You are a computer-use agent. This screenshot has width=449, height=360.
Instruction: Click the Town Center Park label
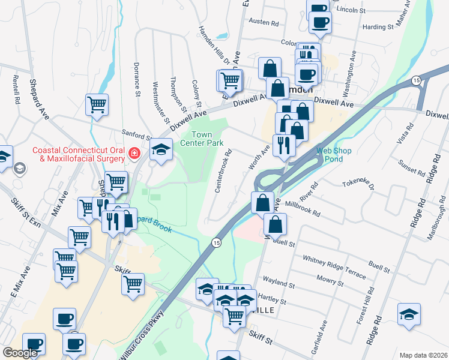click(x=207, y=138)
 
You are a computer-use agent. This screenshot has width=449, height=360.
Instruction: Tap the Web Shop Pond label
click(x=334, y=155)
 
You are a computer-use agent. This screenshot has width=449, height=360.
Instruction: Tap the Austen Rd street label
click(x=267, y=23)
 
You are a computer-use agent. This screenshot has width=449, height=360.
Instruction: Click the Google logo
click(x=20, y=353)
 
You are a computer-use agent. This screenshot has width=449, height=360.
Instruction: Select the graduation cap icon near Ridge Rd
click(x=408, y=314)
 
